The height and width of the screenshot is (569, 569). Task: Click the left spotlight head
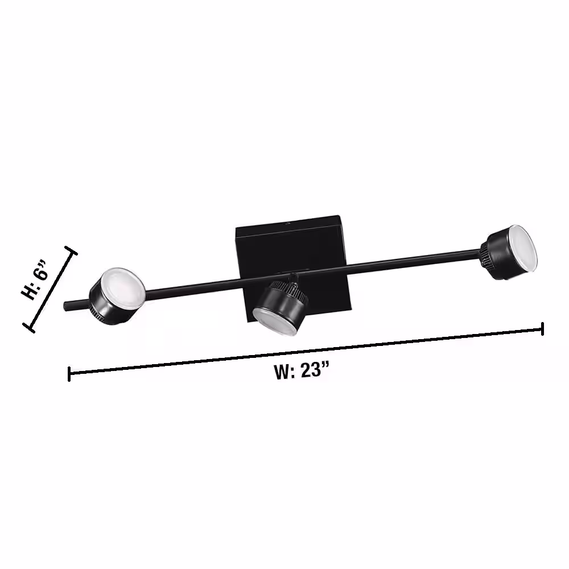(x=117, y=295)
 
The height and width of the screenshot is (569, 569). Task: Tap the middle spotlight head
(x=280, y=307)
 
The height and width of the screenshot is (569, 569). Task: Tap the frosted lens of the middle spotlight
(x=275, y=321)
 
